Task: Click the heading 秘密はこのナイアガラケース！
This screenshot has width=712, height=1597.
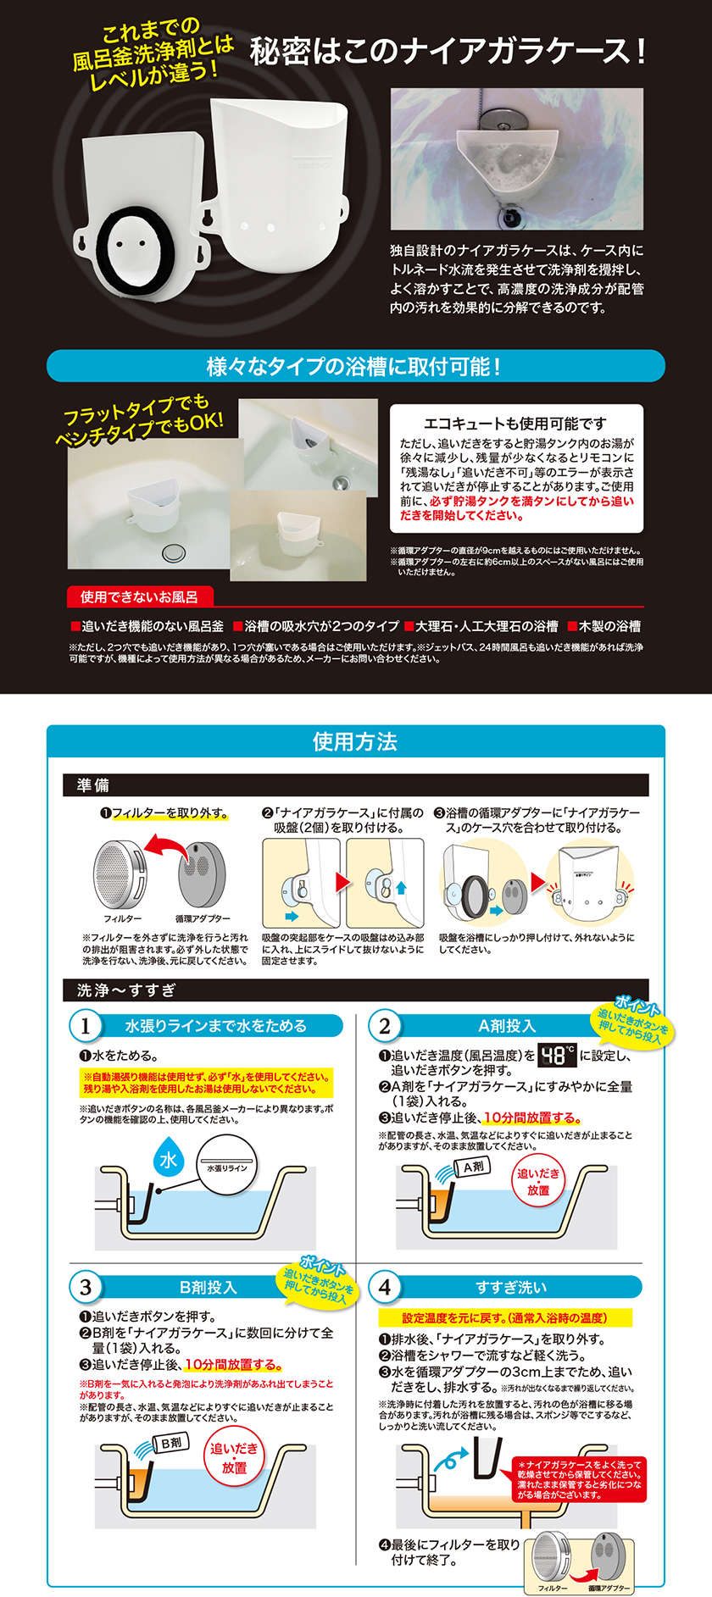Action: pos(448,52)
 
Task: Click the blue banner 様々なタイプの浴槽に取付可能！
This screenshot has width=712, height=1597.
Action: pos(355,366)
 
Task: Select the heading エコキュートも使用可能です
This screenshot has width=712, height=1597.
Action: pos(515,423)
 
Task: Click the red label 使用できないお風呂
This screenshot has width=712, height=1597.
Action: pos(139,596)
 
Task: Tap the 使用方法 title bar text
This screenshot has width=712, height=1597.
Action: pos(355,741)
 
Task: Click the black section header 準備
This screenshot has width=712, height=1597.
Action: pos(93,785)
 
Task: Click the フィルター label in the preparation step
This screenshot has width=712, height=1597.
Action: pos(123,918)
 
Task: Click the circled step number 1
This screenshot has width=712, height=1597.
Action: pos(86,1026)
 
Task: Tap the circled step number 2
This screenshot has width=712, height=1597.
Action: pos(385,1026)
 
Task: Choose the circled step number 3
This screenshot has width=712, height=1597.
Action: pos(86,1287)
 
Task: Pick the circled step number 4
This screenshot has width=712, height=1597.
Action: pos(385,1287)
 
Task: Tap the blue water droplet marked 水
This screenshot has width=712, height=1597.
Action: pos(168,1158)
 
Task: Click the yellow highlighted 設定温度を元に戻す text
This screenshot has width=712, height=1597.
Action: pos(505,1318)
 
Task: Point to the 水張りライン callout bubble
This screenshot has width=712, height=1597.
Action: pos(227,1167)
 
